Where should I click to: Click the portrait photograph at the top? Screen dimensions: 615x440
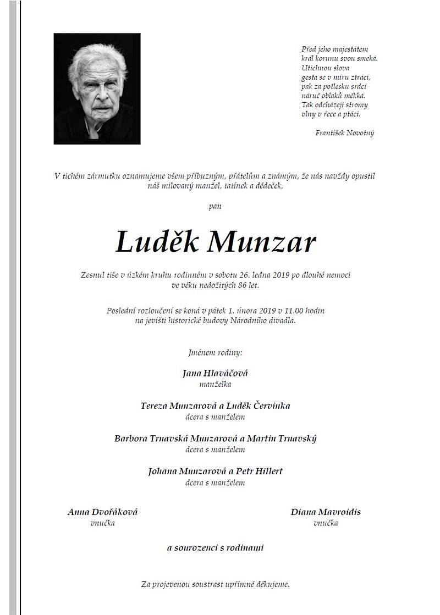97,88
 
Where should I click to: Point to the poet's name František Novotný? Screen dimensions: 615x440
345,132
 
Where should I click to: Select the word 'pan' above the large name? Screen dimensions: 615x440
215,207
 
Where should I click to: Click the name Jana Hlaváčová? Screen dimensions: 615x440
215,373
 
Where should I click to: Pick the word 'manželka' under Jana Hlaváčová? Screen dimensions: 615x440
215,384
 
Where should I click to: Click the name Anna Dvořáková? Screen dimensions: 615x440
102,512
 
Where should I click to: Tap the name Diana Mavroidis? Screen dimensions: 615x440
326,512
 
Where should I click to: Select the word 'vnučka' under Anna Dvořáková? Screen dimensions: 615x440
102,523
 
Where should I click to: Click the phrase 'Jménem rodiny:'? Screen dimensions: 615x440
215,351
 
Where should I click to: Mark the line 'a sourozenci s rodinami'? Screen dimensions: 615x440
215,547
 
